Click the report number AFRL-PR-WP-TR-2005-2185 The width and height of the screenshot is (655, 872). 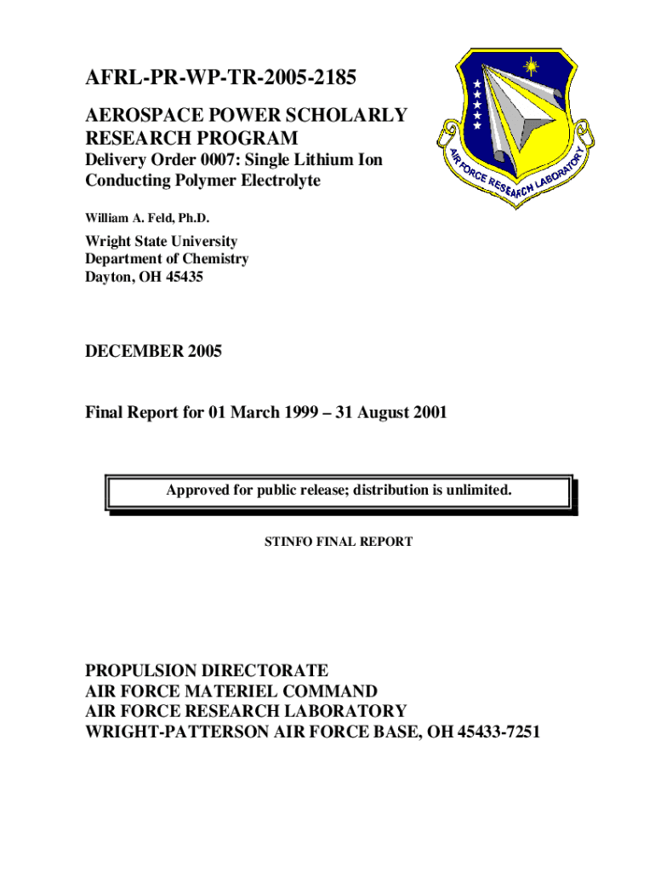[220, 80]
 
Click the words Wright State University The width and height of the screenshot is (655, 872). [161, 242]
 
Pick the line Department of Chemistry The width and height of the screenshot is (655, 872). [167, 259]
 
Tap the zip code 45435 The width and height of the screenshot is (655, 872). [183, 277]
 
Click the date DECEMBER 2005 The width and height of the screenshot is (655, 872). [153, 351]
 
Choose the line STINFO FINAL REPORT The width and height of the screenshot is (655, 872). [339, 542]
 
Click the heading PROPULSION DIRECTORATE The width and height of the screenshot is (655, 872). [207, 670]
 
